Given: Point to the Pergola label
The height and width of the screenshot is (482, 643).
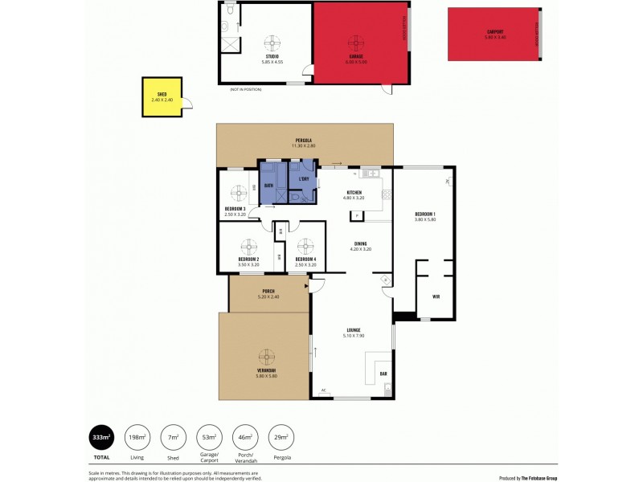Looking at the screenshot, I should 304,141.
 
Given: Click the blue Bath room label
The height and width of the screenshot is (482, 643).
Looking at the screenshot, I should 268,185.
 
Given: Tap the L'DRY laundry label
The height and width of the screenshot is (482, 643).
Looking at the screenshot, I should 304,178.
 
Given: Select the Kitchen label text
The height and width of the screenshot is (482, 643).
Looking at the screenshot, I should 354,193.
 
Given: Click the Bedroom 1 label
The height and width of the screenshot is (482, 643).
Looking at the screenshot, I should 424,214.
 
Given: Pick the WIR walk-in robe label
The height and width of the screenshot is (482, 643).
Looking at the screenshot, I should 436,296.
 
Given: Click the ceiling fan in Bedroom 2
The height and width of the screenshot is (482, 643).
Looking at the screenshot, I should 248,247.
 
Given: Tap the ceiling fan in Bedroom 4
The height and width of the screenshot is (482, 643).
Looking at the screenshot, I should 305,247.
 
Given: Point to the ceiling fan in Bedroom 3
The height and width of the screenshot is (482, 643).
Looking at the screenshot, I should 239,193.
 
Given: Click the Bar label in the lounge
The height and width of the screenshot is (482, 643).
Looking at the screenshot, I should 383,374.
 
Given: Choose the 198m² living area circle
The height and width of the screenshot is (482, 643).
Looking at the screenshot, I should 137,437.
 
